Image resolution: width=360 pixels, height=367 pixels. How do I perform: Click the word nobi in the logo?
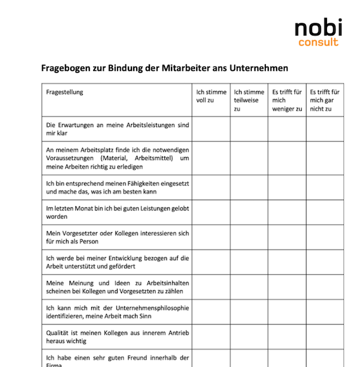tap(319, 27)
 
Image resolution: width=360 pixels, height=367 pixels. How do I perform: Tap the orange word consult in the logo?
tap(318, 43)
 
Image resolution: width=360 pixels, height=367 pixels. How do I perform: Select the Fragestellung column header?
tap(65, 92)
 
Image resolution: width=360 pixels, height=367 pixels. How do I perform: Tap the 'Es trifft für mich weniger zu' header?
tap(287, 100)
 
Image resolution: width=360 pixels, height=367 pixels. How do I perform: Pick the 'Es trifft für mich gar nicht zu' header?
tap(325, 100)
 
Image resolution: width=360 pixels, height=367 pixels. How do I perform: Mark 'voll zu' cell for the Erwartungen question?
tap(211, 129)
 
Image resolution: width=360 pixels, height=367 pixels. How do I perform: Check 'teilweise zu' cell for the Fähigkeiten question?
tap(249, 187)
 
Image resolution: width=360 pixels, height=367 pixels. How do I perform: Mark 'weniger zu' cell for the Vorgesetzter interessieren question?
tap(287, 237)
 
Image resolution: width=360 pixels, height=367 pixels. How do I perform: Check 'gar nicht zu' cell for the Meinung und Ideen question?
tap(325, 287)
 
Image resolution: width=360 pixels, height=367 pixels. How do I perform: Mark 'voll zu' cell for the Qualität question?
tap(211, 336)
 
